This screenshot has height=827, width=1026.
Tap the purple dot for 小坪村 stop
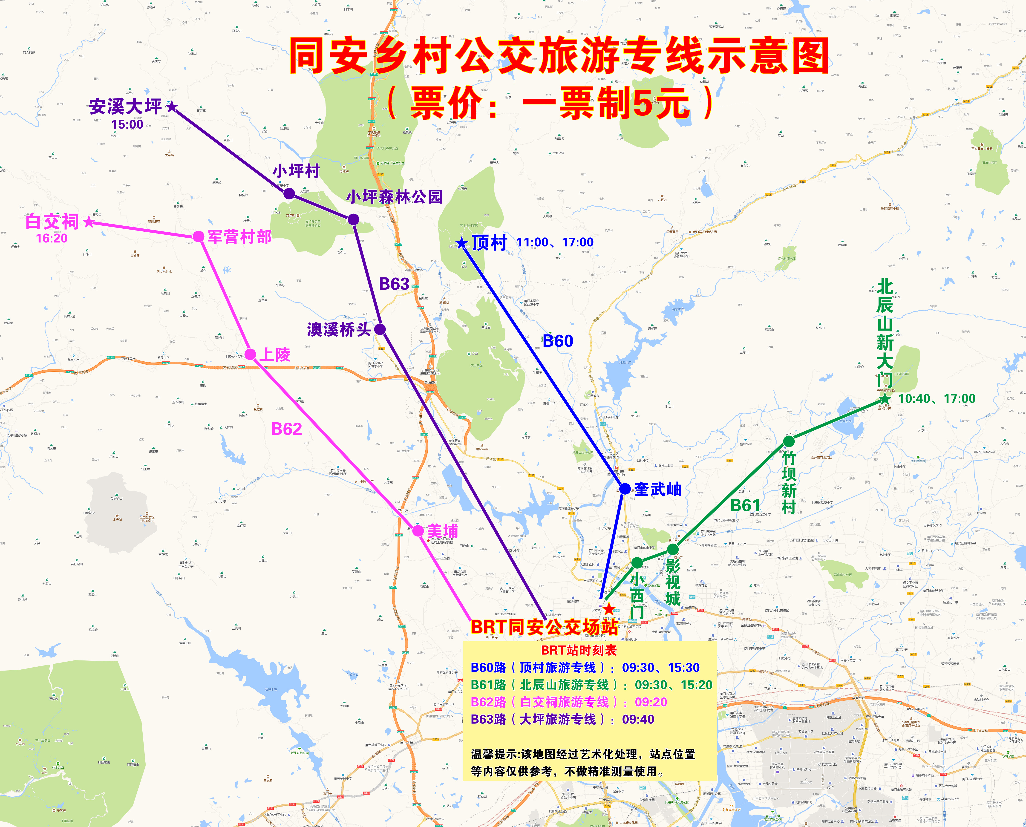289,193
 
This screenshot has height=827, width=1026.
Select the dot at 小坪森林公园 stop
353,219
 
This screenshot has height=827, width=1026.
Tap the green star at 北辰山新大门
885,398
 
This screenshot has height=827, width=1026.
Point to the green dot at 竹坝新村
789,442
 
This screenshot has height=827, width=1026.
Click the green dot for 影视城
673,549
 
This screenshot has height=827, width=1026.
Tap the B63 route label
394,284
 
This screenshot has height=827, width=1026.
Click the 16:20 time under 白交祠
52,238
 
